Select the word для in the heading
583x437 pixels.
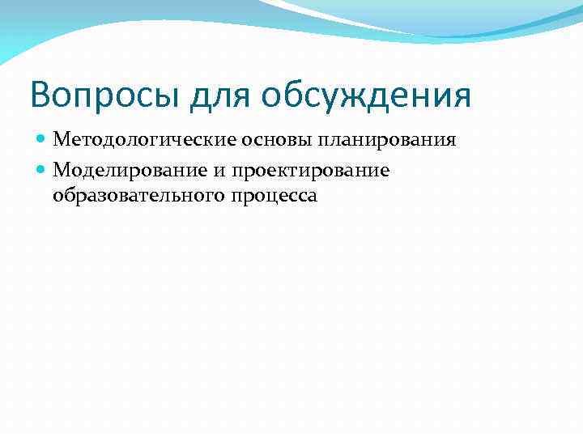[219, 95]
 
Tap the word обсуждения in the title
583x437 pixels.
[365, 95]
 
